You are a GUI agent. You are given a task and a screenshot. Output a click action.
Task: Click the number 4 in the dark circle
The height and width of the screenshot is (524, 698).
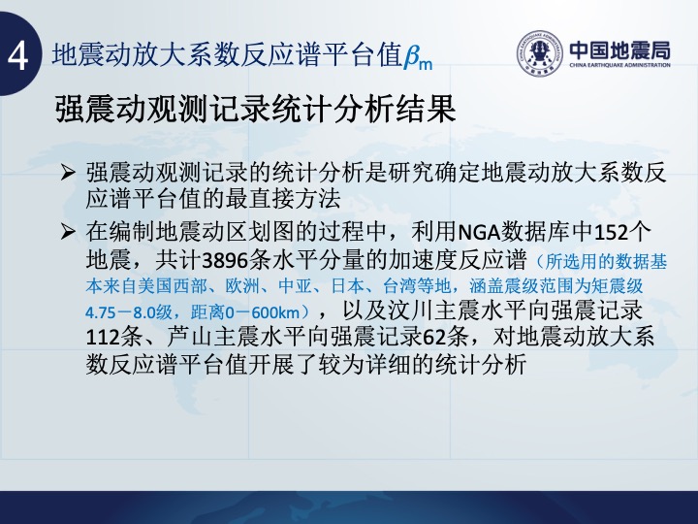(18, 56)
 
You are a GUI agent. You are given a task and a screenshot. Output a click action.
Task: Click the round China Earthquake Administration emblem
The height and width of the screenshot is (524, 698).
(540, 53)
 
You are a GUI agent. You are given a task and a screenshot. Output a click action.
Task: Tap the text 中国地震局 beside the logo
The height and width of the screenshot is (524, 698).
(619, 50)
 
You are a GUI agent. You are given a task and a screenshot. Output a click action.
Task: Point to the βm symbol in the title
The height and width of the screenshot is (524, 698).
(418, 58)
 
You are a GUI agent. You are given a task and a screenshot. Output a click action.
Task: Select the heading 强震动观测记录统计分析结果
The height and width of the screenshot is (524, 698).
(256, 109)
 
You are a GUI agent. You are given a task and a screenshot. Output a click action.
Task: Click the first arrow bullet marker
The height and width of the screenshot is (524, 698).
(68, 172)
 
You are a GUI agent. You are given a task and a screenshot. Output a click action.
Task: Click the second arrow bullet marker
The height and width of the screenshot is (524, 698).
(68, 231)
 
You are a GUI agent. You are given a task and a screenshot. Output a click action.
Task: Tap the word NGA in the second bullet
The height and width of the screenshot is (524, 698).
(479, 232)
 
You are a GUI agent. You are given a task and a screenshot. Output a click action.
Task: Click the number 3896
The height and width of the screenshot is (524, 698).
(225, 261)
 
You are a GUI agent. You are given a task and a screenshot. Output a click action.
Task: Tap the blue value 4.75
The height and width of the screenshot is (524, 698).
(101, 312)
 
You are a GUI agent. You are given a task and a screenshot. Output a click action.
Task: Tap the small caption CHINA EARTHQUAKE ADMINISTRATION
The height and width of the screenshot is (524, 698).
(619, 65)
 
